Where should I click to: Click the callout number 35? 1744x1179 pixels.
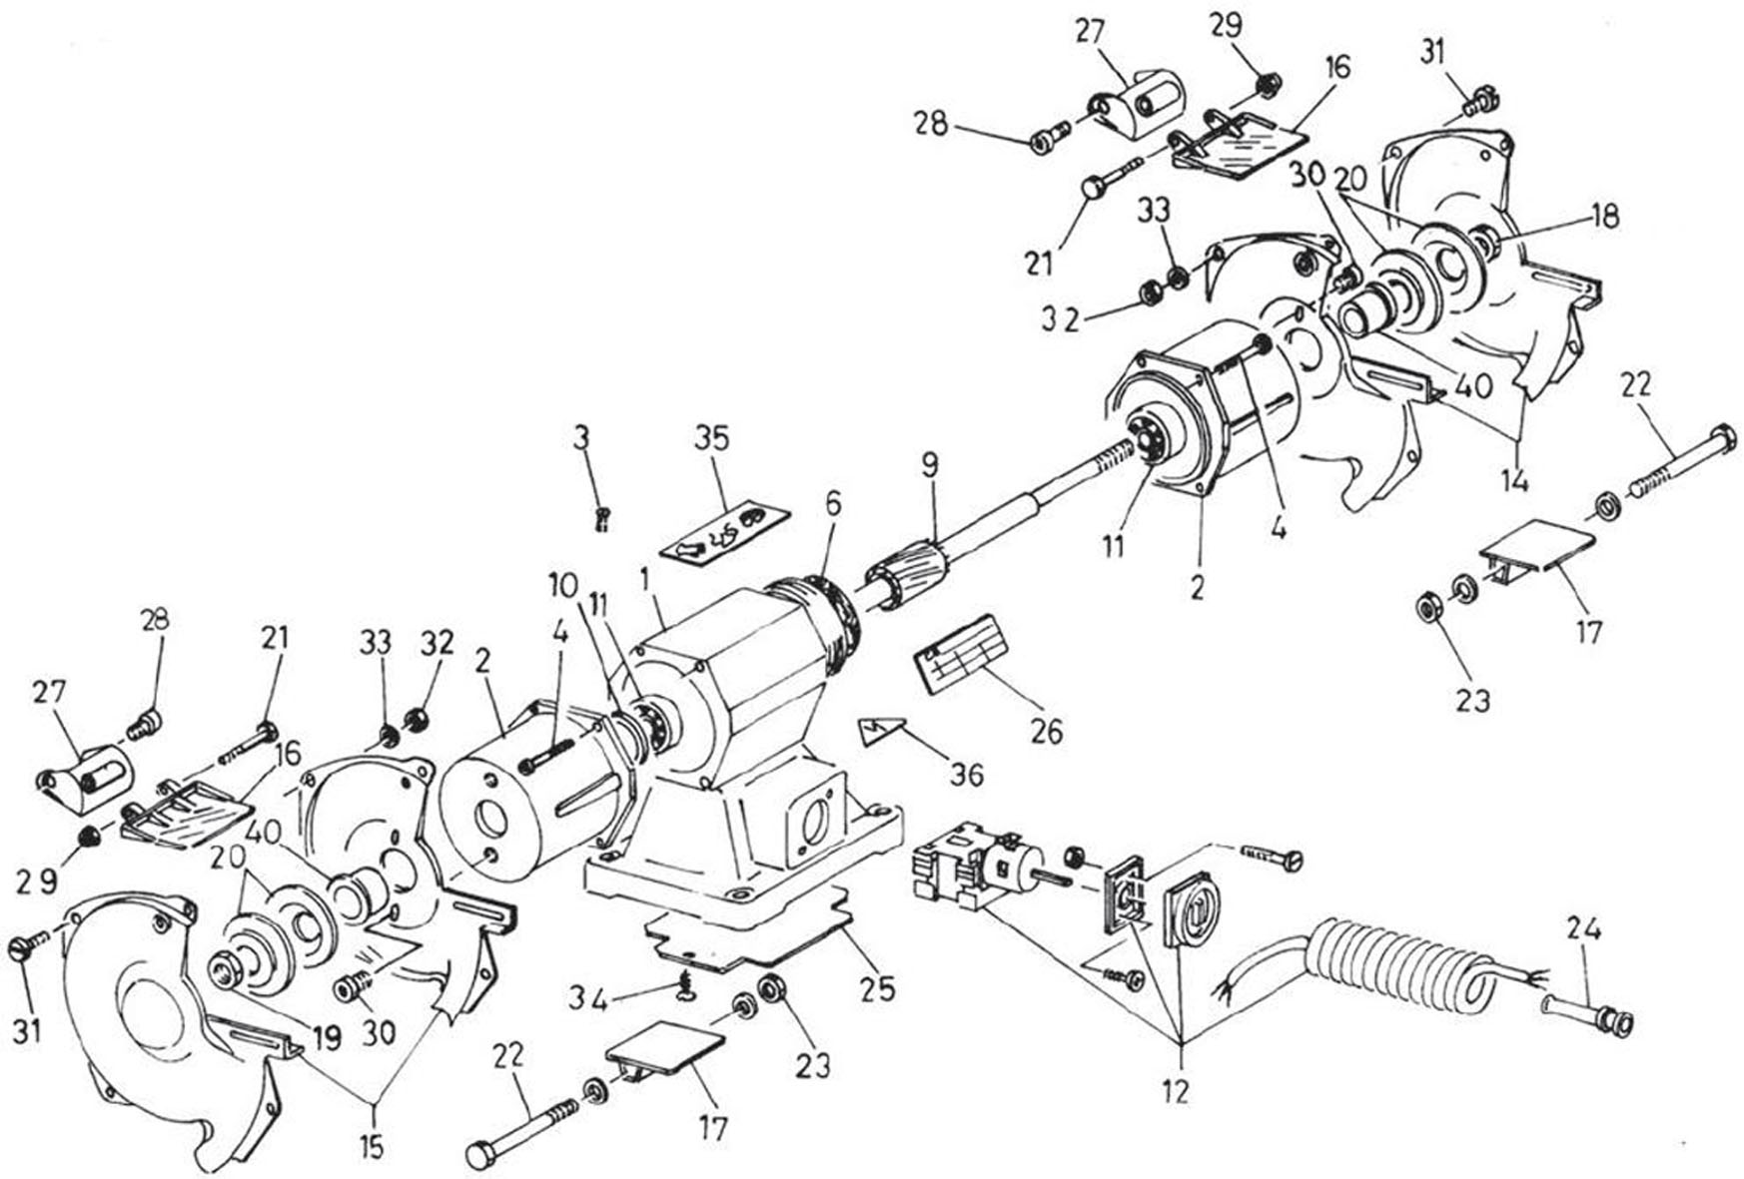pos(713,439)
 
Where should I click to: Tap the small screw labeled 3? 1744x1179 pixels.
pos(601,517)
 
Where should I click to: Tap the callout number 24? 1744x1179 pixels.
pos(1584,930)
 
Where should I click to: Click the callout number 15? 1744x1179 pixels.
pos(371,1146)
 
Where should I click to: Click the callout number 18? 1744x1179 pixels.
pos(1605,217)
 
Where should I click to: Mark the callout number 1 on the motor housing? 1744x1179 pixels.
pos(644,578)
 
